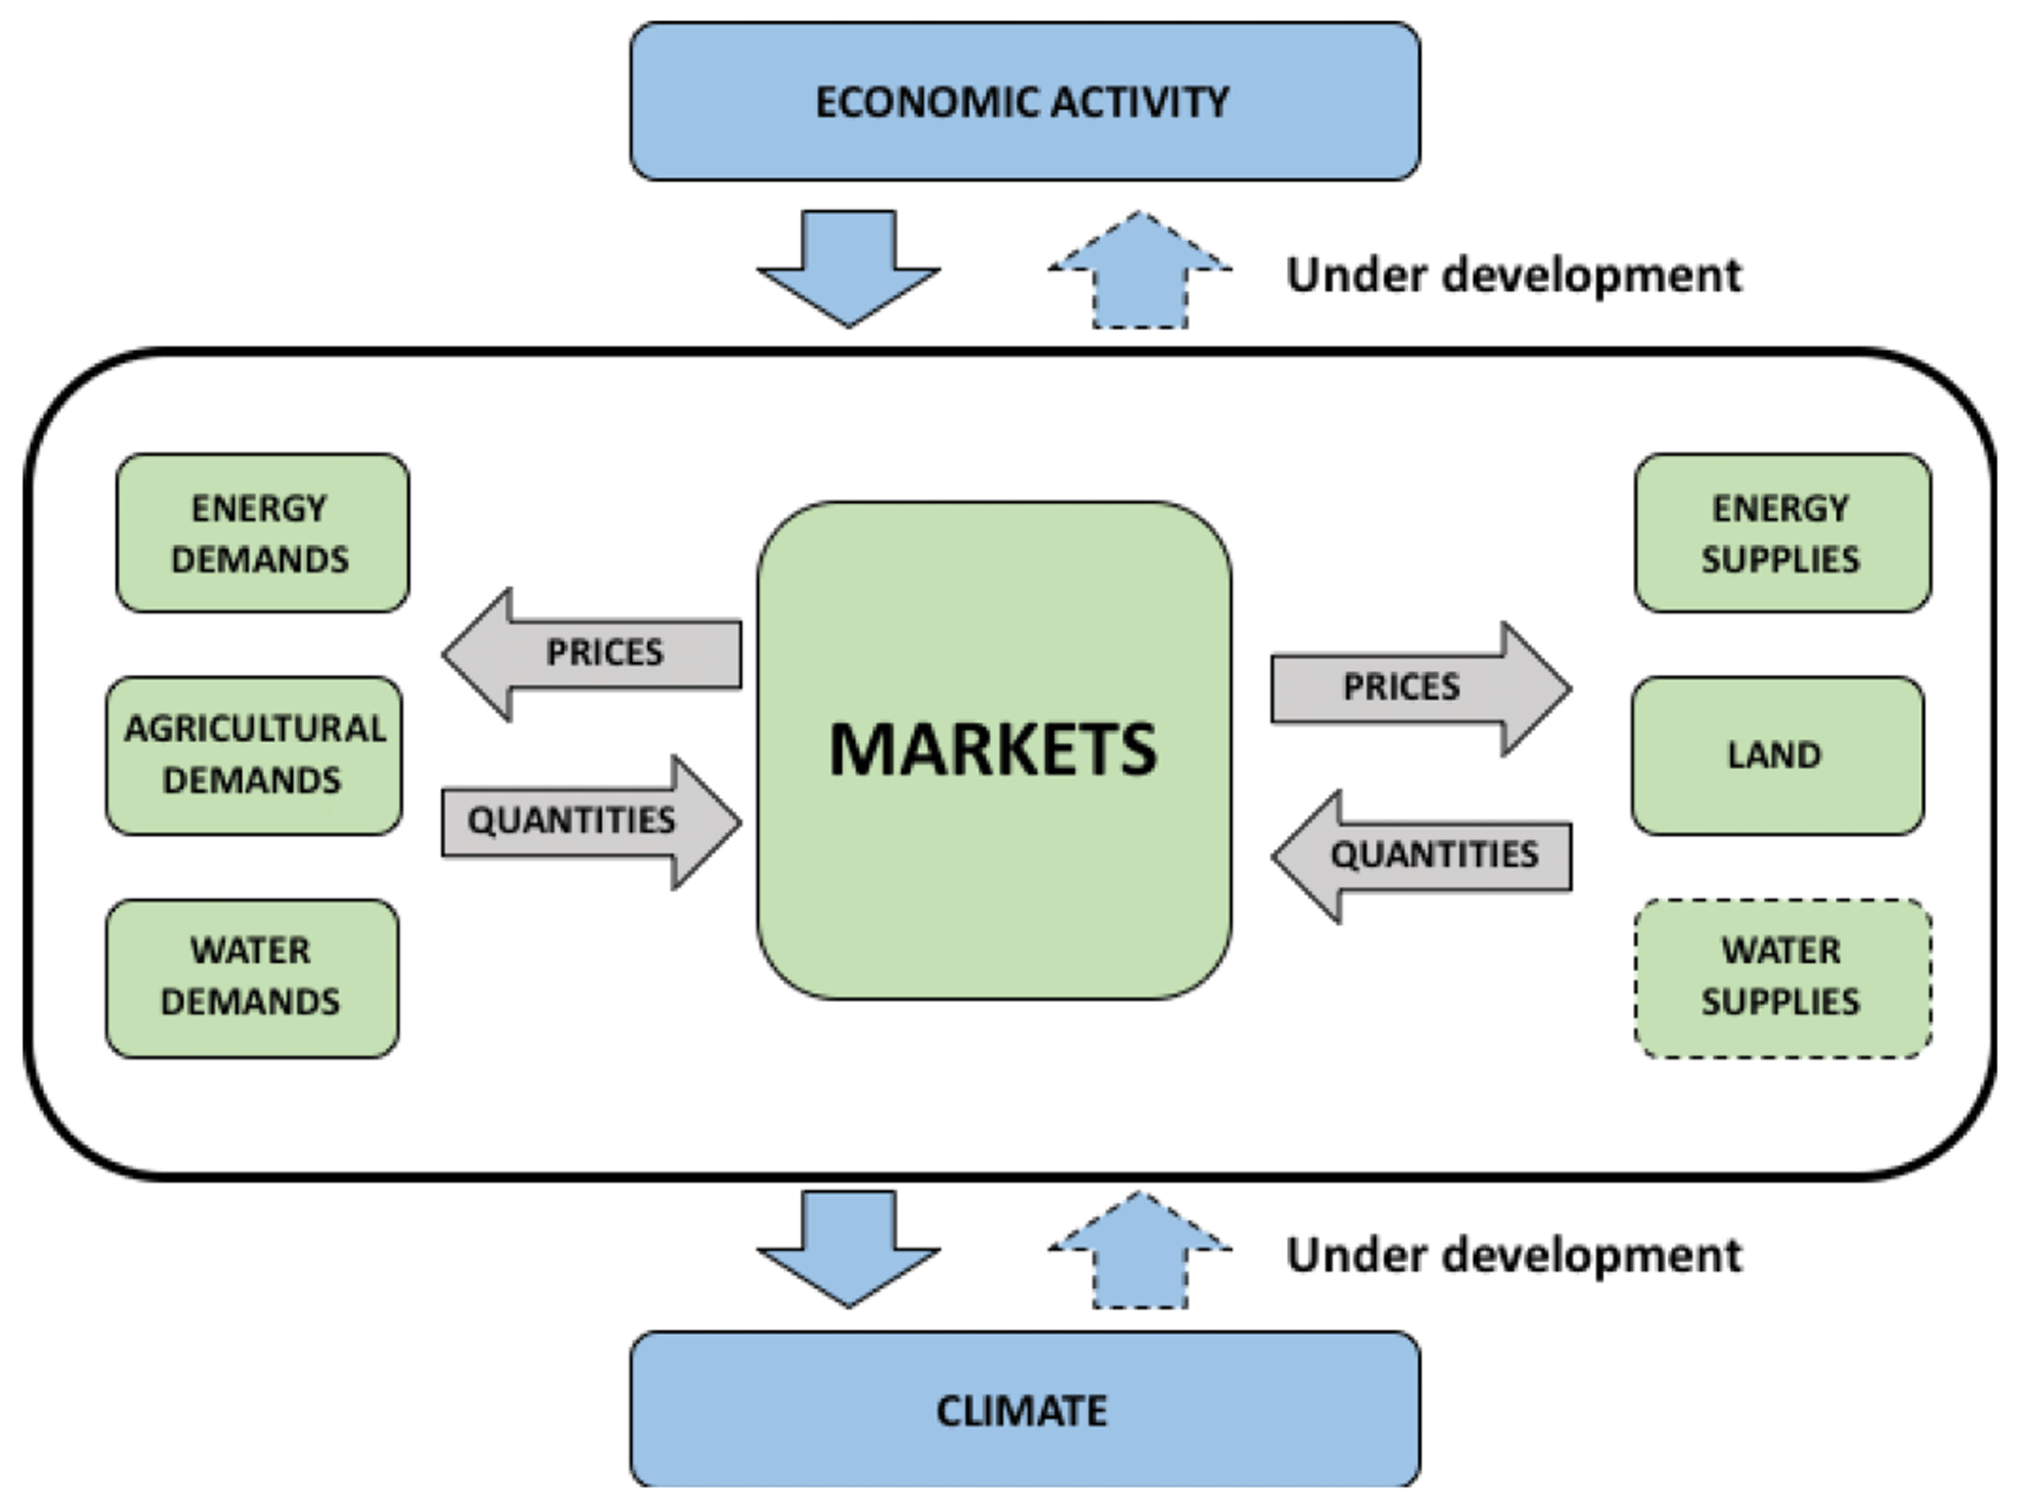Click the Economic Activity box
tap(1024, 102)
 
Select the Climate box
tap(1024, 1409)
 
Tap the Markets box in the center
tap(994, 750)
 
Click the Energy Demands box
tap(262, 533)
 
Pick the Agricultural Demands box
tap(254, 755)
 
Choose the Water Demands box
tap(252, 978)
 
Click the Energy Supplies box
tap(1782, 533)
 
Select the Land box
tap(1777, 755)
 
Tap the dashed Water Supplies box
tap(1782, 978)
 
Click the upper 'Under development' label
tap(1513, 274)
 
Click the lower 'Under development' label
tap(1513, 1255)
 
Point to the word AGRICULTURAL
tap(255, 729)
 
